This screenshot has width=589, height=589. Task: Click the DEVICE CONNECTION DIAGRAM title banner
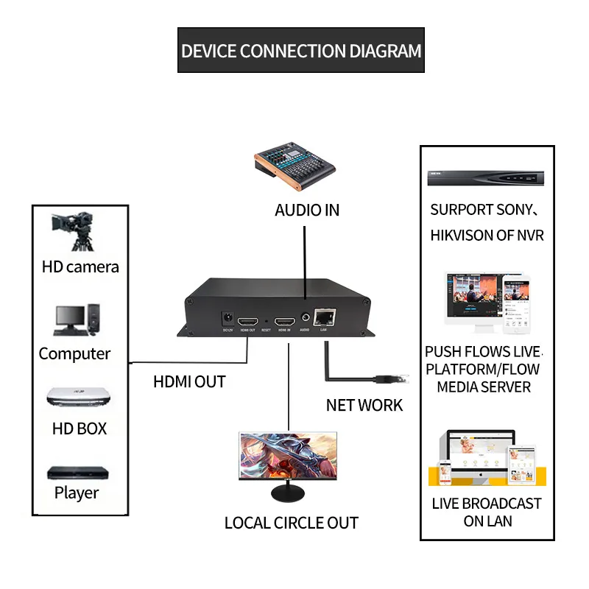coord(301,51)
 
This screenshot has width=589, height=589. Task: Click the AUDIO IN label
coord(307,210)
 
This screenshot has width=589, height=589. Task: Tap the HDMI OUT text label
coord(189,382)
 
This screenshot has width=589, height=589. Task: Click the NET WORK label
coord(364,405)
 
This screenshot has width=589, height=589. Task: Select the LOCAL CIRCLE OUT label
coord(292,523)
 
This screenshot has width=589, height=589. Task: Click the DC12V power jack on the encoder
coord(228,319)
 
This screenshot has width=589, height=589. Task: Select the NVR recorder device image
coord(486,177)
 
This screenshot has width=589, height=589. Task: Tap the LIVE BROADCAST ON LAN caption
coord(487,512)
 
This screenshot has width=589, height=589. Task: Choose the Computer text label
coord(74,353)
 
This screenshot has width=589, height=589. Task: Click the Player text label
coord(77,493)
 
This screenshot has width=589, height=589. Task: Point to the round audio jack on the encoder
coord(304,320)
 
